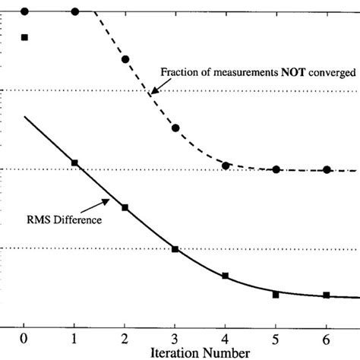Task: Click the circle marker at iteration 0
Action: (24, 11)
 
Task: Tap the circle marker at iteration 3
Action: (175, 128)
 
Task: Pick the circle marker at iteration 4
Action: (226, 165)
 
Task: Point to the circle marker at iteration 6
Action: (327, 169)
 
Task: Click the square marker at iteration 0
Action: (24, 36)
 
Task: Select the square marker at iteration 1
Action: (74, 163)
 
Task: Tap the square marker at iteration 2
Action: (125, 207)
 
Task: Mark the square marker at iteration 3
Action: (175, 249)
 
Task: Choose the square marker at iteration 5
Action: (276, 295)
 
